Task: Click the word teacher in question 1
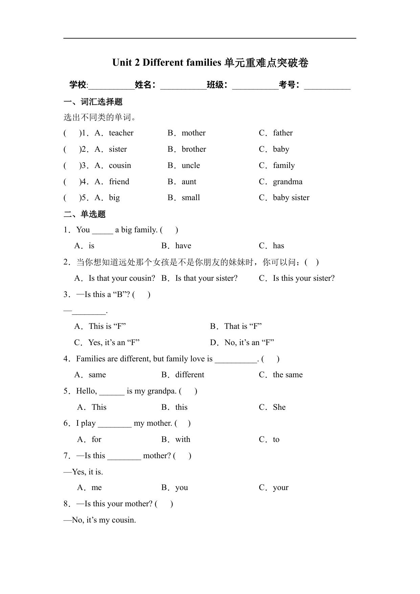click(x=121, y=133)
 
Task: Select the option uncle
click(x=191, y=166)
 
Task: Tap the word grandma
click(x=288, y=182)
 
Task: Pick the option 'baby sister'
click(x=291, y=198)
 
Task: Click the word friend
click(x=119, y=182)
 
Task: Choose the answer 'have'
click(x=183, y=246)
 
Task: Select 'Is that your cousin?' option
click(x=121, y=278)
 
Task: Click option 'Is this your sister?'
click(x=304, y=278)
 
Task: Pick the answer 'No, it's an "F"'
click(x=249, y=343)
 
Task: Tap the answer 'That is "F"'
click(x=243, y=326)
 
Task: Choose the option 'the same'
click(x=288, y=375)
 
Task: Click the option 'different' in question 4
click(x=190, y=375)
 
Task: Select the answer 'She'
click(x=279, y=407)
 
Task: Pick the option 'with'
click(x=183, y=440)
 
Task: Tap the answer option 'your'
click(x=281, y=488)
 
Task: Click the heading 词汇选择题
click(x=101, y=102)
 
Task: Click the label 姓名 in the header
click(x=143, y=85)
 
